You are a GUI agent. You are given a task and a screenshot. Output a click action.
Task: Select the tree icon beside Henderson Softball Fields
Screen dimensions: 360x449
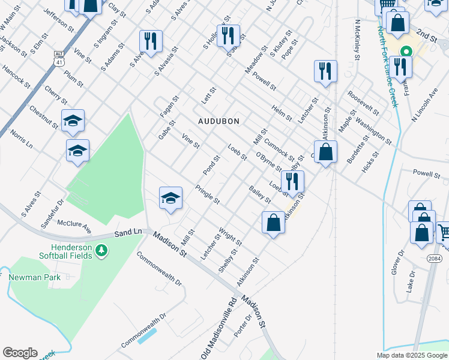pos(102,249)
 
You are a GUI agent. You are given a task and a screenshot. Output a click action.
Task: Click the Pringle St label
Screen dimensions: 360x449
pos(208,194)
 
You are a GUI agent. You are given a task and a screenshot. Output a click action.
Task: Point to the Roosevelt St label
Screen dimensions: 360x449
pos(363,103)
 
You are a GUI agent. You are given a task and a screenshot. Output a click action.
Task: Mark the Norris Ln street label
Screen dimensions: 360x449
pos(20,140)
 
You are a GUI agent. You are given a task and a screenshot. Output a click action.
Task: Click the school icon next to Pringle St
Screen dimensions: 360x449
pos(170,198)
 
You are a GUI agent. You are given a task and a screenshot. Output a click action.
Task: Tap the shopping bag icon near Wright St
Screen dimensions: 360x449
pos(273,223)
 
